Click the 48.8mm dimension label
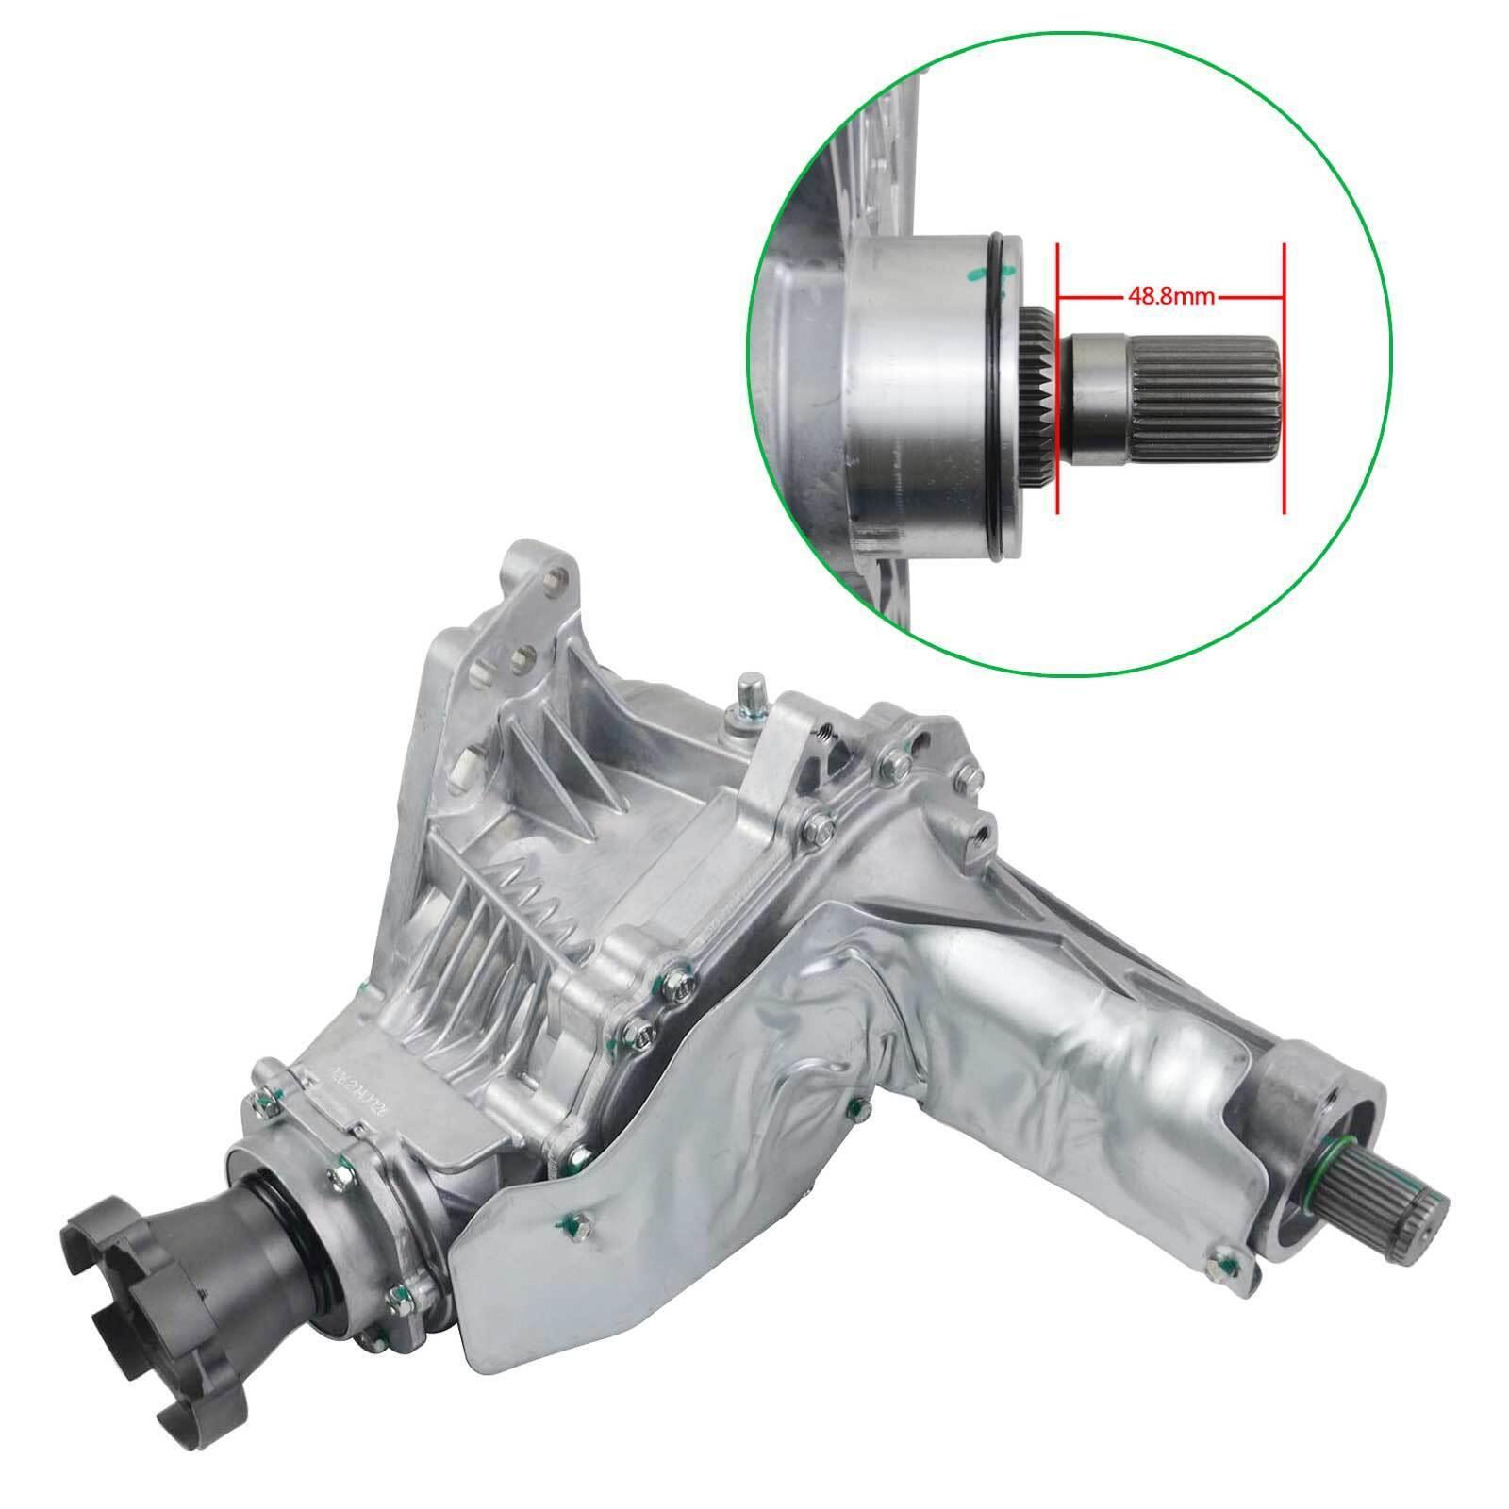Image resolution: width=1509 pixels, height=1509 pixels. [x=1169, y=295]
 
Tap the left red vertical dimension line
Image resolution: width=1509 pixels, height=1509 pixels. [x=1058, y=377]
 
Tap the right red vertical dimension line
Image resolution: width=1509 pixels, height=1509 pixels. [x=1284, y=377]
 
